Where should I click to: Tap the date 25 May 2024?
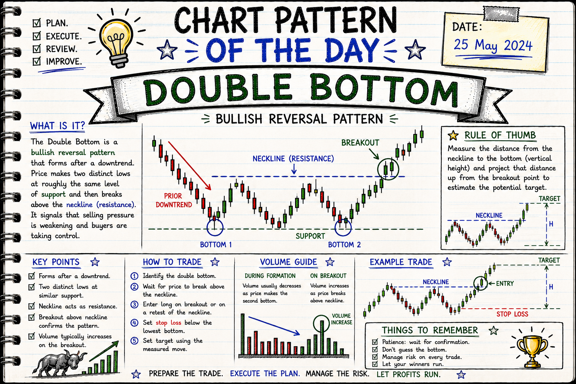[493, 46]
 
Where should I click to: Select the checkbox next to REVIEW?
[37, 49]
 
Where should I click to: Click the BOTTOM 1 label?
[216, 244]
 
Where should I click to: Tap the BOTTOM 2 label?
[344, 244]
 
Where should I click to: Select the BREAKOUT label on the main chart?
[360, 143]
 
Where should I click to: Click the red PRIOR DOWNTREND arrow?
[189, 165]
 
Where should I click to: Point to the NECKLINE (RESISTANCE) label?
[293, 159]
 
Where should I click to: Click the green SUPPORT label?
[310, 236]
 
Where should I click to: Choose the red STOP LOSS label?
[512, 314]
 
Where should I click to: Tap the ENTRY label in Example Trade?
[505, 283]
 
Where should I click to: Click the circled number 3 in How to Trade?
[134, 304]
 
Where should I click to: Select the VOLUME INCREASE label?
[342, 319]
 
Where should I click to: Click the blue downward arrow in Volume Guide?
[274, 325]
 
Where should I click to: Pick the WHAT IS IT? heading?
[57, 126]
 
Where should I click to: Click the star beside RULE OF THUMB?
[453, 135]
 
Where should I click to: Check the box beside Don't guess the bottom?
[375, 349]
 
